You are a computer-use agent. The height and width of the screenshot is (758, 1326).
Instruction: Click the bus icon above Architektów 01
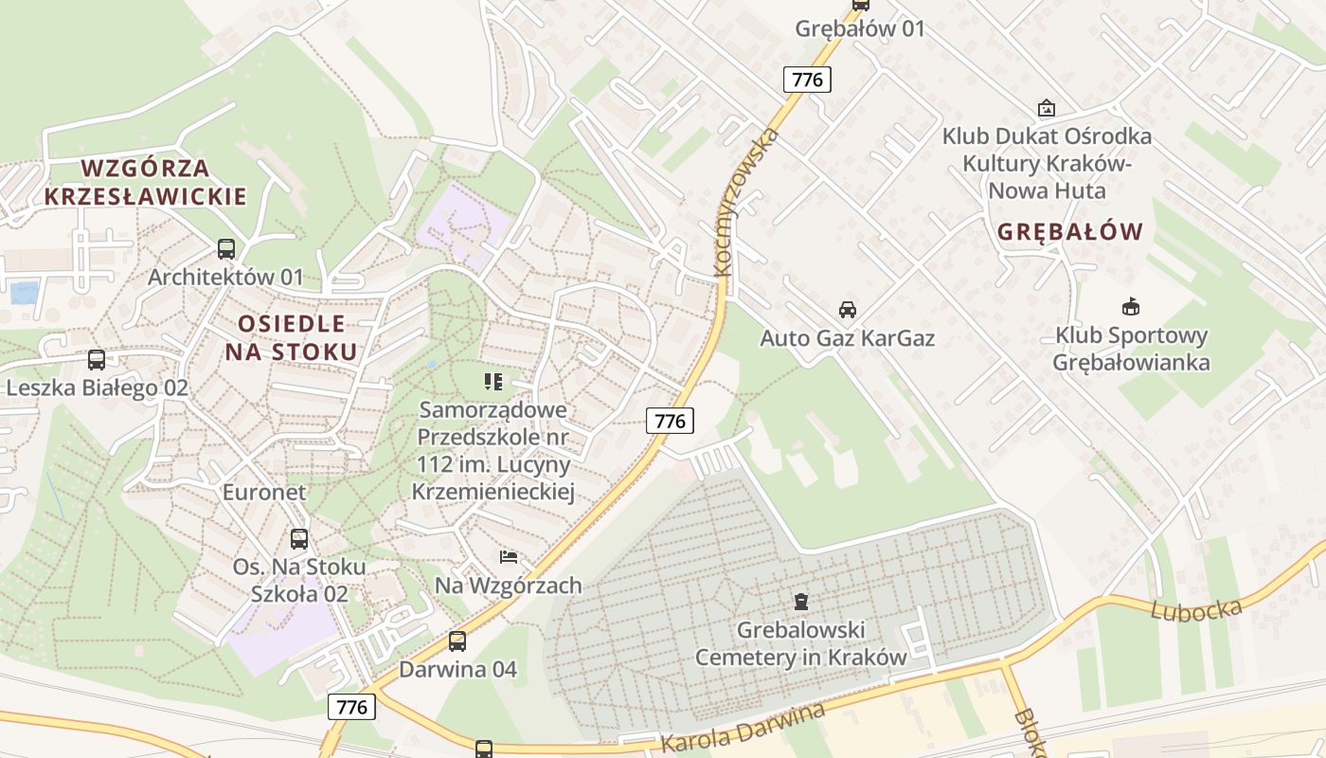point(226,249)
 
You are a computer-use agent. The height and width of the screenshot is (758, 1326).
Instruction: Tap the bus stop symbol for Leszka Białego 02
point(97,360)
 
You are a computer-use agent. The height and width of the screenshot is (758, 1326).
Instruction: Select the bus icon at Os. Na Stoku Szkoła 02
point(299,539)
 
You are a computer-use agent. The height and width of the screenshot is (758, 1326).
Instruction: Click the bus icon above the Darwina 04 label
point(457,641)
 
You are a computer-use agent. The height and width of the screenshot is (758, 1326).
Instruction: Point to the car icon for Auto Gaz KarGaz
point(848,310)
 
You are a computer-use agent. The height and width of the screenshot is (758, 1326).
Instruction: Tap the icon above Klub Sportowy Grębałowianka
point(1131,306)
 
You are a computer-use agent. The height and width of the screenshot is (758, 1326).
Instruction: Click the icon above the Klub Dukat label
point(1047,108)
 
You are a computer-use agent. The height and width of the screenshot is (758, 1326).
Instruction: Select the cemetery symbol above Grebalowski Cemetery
point(801,601)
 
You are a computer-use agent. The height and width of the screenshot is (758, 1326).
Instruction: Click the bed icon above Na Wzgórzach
point(509,556)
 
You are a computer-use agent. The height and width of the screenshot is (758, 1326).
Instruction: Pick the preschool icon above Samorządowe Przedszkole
point(493,382)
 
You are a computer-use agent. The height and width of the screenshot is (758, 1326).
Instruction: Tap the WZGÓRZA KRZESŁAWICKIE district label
point(145,182)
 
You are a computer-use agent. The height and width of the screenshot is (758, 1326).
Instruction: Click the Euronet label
point(264,492)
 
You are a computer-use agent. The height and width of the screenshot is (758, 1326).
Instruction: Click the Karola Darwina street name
point(743,727)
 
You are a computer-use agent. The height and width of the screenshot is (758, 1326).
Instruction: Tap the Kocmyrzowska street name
point(747,202)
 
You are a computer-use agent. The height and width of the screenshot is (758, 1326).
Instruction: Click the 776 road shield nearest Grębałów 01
point(807,80)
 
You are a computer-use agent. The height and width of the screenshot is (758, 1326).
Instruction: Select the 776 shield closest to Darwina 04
point(351,706)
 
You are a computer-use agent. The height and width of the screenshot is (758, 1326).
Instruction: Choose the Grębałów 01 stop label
point(860,28)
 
